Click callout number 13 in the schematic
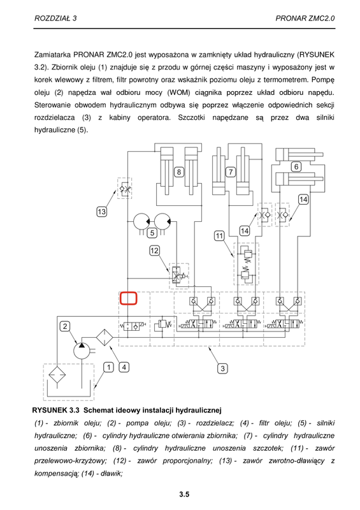(102, 212)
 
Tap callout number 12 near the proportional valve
(154, 251)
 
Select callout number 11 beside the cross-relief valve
(220, 235)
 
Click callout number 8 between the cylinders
(179, 171)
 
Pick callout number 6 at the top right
(296, 167)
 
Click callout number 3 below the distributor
(222, 368)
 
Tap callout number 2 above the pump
(65, 326)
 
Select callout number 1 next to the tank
(108, 367)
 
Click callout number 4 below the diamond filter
(124, 367)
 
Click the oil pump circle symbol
(82, 351)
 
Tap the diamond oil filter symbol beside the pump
(104, 338)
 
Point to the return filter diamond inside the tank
(57, 375)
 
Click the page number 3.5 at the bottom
(184, 495)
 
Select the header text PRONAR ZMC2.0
(305, 18)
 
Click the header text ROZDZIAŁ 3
(55, 18)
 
